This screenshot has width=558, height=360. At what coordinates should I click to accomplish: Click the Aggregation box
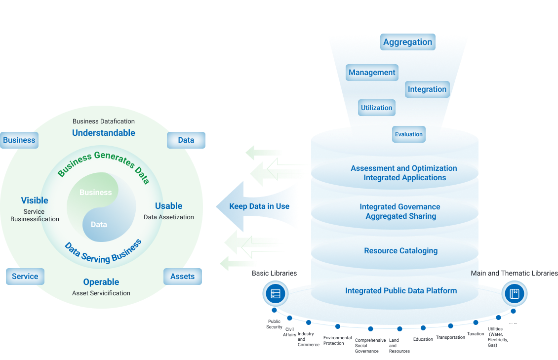click(x=407, y=42)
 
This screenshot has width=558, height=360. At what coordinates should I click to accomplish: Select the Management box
click(x=372, y=73)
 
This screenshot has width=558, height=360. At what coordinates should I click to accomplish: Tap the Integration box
click(x=427, y=89)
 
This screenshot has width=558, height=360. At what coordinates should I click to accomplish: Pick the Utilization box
click(x=376, y=108)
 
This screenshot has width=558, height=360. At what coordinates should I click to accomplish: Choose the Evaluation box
click(x=408, y=134)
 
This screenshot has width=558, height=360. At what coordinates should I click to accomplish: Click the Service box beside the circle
click(x=25, y=277)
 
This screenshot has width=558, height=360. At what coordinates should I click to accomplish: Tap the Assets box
click(x=183, y=277)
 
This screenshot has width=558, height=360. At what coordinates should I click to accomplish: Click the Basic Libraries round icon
click(x=276, y=294)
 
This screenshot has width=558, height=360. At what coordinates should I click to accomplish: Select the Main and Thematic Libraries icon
click(x=514, y=294)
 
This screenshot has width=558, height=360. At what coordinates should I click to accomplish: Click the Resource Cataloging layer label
click(x=400, y=251)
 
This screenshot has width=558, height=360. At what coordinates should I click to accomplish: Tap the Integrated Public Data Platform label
click(x=401, y=291)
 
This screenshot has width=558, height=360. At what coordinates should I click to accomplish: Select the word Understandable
click(x=104, y=133)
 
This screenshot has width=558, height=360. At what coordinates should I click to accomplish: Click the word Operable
click(x=101, y=282)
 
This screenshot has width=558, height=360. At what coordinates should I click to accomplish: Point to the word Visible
click(x=35, y=200)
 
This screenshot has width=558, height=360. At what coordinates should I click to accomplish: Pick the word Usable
click(x=169, y=206)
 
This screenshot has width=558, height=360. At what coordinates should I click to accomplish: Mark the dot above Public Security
click(x=274, y=310)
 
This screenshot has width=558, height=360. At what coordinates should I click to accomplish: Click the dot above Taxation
click(x=476, y=322)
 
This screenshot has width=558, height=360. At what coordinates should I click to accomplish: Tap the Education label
click(x=423, y=339)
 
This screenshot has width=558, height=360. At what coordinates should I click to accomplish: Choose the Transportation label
click(x=450, y=337)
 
